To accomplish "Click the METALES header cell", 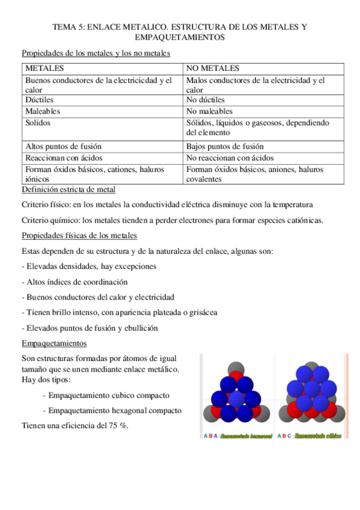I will pyautogui.click(x=44, y=68).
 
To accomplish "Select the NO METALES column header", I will pyautogui.click(x=213, y=68).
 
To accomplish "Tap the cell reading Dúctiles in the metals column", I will pyautogui.click(x=40, y=100).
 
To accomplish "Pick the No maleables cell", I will pyautogui.click(x=209, y=111).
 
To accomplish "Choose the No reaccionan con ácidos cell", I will pyautogui.click(x=230, y=158).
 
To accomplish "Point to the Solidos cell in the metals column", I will pyautogui.click(x=38, y=123).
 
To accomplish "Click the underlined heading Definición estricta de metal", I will pyautogui.click(x=69, y=190).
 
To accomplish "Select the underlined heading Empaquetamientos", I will pyautogui.click(x=54, y=343).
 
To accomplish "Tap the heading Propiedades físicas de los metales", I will pyautogui.click(x=79, y=235).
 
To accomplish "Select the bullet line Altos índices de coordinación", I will pyautogui.click(x=76, y=281).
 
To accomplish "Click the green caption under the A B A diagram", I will pyautogui.click(x=247, y=435).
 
